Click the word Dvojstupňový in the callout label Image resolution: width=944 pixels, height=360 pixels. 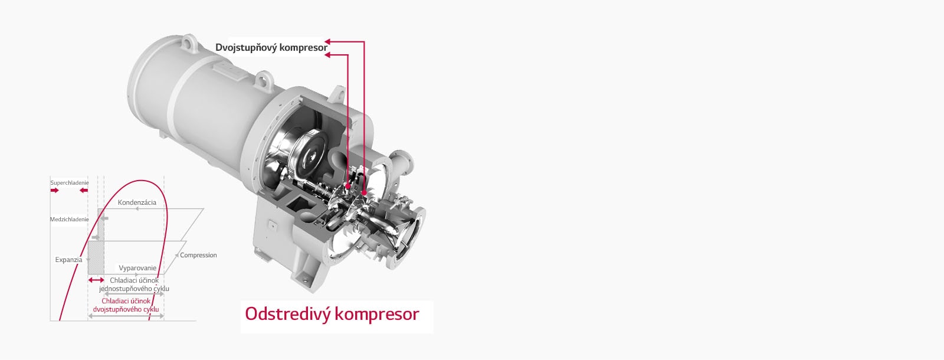pos(245,48)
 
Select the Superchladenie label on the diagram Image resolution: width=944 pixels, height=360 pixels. pos(70,183)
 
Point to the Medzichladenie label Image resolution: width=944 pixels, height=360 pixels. pos(70,219)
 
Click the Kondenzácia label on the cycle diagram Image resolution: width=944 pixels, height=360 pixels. pos(137,202)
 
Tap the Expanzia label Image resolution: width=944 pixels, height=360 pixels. pos(68,260)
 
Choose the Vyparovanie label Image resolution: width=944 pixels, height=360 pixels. pos(137,268)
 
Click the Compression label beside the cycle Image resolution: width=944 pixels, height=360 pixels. pos(198,255)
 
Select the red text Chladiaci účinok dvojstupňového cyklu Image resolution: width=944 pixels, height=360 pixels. pos(126,305)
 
